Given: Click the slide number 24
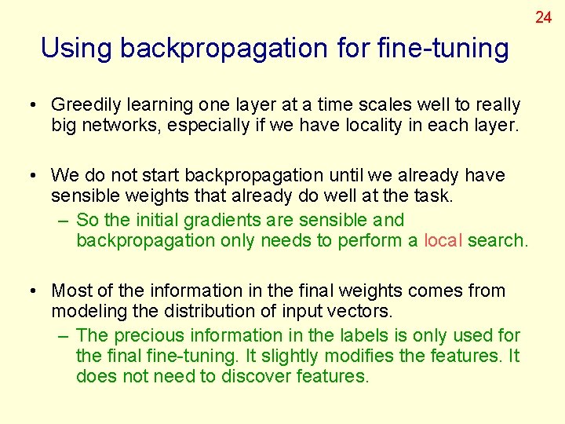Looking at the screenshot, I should [544, 16].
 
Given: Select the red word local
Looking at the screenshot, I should [443, 241].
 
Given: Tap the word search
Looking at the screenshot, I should [498, 241].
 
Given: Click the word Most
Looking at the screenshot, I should [71, 291].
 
